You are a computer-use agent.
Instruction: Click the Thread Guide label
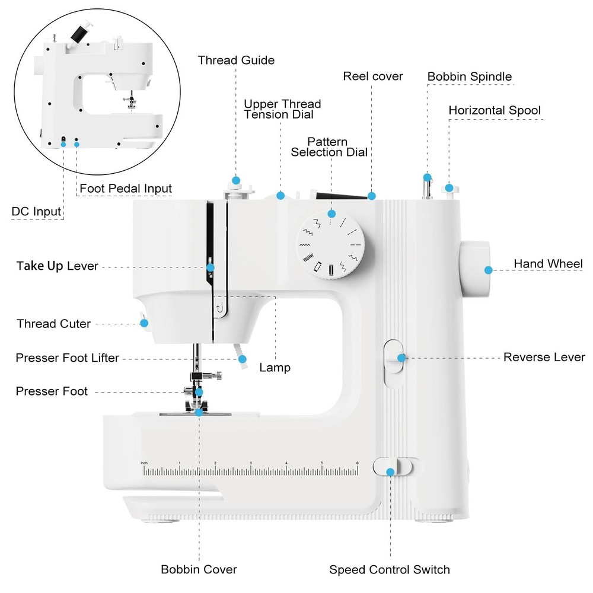pos(236,60)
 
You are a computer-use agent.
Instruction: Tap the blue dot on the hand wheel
pos(488,270)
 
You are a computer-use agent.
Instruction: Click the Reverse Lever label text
pos(544,357)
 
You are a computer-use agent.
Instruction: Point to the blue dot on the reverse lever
pos(402,358)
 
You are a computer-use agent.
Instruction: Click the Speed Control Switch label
pos(390,570)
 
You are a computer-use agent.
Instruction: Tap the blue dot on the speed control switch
pos(390,472)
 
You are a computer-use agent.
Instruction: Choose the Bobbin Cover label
pos(199,569)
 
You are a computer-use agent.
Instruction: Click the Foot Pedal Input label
pos(126,189)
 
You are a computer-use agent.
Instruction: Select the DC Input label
pos(36,212)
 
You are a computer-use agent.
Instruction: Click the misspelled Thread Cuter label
pos(54,324)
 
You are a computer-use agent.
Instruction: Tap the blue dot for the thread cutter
pos(144,323)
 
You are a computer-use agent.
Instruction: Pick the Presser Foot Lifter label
pos(67,358)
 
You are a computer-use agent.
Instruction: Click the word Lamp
pos(275,368)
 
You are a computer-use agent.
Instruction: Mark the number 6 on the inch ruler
pos(357,463)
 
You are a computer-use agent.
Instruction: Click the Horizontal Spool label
pos(495,110)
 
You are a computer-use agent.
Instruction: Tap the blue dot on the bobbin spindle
pos(427,177)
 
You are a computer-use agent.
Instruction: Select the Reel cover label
pos(373,76)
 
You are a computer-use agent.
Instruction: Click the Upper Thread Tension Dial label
pos(282,109)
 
